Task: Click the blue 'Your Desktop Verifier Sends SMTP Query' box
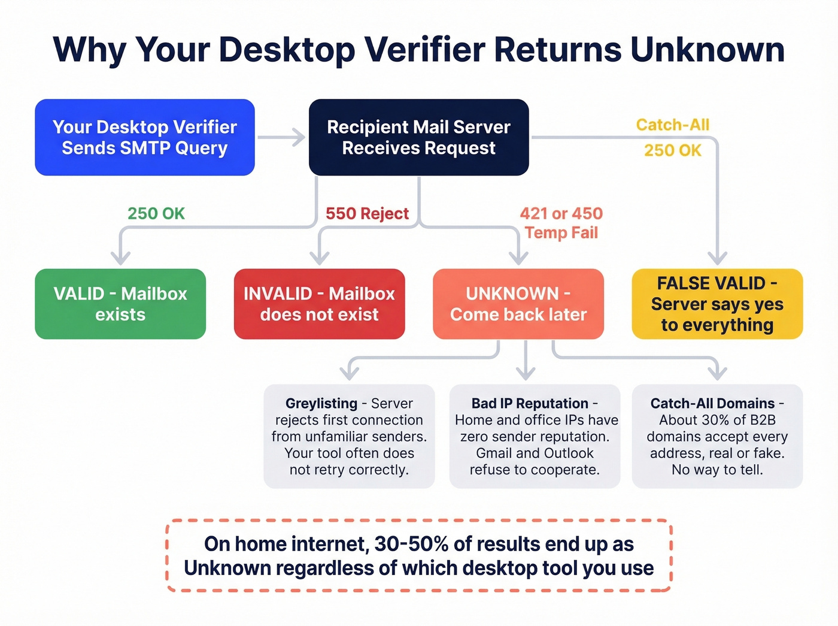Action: (x=145, y=137)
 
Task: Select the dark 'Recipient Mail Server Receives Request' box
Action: (x=418, y=137)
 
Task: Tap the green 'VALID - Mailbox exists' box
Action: (x=120, y=304)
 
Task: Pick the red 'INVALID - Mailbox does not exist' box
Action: (x=319, y=304)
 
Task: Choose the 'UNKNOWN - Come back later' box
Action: (x=518, y=304)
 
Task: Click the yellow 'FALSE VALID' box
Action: (x=717, y=304)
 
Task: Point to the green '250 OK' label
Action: (x=156, y=213)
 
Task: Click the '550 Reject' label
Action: (x=367, y=213)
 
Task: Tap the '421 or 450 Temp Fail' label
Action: (x=561, y=223)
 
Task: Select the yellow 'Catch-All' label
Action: (x=672, y=125)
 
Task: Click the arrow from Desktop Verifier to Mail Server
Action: (x=281, y=137)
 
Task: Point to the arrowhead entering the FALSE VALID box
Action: (x=717, y=259)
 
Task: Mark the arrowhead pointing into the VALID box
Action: (x=120, y=259)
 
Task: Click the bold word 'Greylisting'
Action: (x=321, y=403)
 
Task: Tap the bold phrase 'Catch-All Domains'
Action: (x=712, y=403)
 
